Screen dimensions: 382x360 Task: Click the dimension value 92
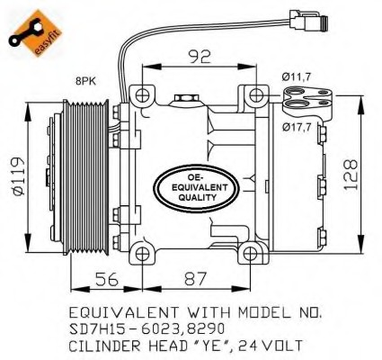(x=200, y=56)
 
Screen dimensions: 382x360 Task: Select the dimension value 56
(x=107, y=279)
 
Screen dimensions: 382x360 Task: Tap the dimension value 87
(x=196, y=279)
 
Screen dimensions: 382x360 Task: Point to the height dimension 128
(x=351, y=175)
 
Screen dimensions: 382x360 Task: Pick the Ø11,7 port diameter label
(x=297, y=77)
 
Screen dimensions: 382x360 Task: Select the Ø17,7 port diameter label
(x=297, y=128)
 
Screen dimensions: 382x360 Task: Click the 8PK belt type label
(x=86, y=81)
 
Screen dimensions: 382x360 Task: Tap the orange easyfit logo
(x=35, y=33)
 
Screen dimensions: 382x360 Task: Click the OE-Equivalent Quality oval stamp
(x=197, y=188)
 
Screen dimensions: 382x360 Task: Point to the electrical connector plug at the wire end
(x=308, y=20)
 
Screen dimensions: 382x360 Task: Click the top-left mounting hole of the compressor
(x=142, y=95)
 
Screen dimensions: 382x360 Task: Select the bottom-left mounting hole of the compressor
(x=142, y=255)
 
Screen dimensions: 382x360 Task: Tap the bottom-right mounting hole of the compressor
(x=250, y=255)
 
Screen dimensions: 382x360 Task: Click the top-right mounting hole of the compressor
(x=255, y=95)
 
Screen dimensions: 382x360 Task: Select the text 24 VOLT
(x=271, y=346)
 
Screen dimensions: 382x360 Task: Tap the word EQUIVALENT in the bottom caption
(x=124, y=312)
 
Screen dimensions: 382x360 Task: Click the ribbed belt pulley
(x=85, y=178)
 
